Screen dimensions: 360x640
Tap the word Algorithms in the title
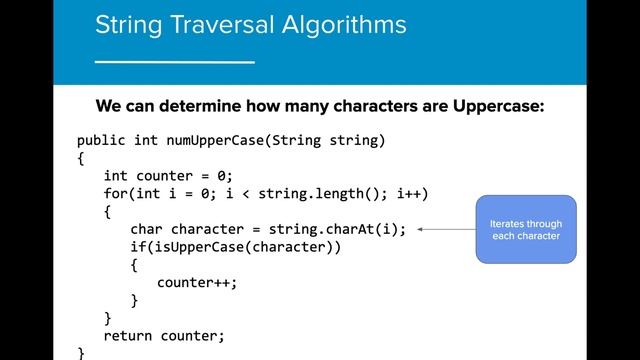pyautogui.click(x=346, y=24)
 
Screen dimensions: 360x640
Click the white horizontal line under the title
pyautogui.click(x=174, y=61)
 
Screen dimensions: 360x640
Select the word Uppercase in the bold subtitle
pyautogui.click(x=494, y=106)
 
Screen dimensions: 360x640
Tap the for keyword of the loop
pyautogui.click(x=116, y=193)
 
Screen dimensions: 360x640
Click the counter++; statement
pyautogui.click(x=198, y=282)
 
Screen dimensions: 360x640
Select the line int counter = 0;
pyautogui.click(x=168, y=175)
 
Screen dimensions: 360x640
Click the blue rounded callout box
pyautogui.click(x=526, y=229)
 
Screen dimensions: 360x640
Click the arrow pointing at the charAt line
pyautogui.click(x=445, y=229)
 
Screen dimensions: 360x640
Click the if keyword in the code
pyautogui.click(x=138, y=247)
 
